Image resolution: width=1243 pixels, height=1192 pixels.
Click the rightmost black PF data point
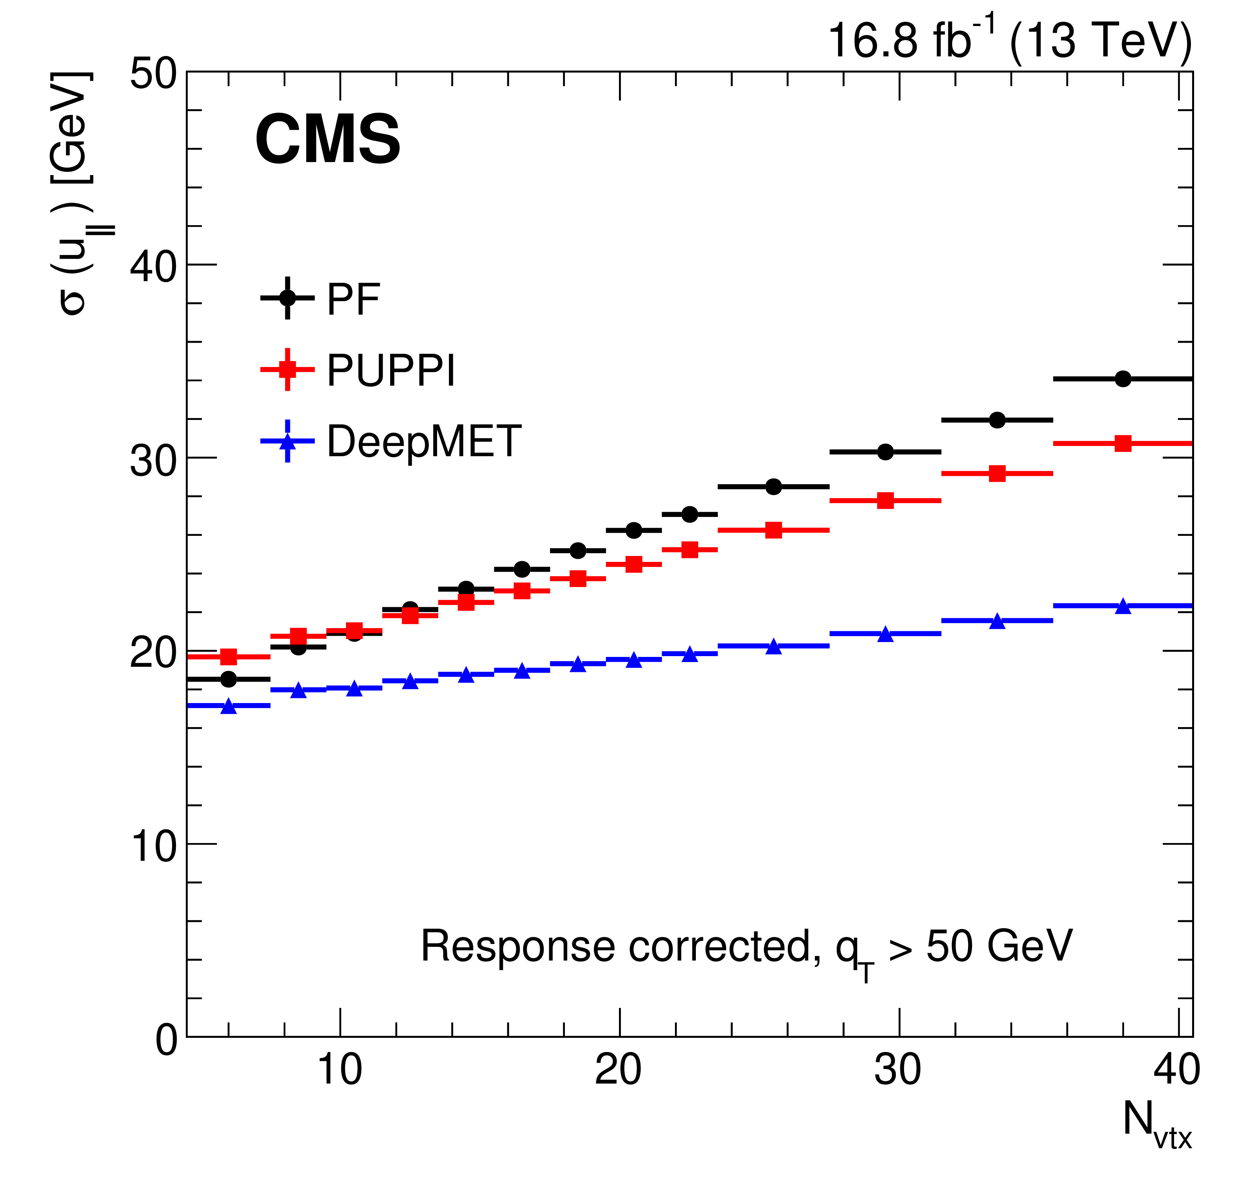[1123, 379]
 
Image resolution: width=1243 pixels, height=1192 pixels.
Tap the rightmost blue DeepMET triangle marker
[1123, 606]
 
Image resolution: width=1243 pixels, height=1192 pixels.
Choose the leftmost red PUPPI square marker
[229, 657]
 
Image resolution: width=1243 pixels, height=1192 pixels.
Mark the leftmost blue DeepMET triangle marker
[229, 706]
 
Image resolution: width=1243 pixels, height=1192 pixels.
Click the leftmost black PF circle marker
[229, 679]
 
